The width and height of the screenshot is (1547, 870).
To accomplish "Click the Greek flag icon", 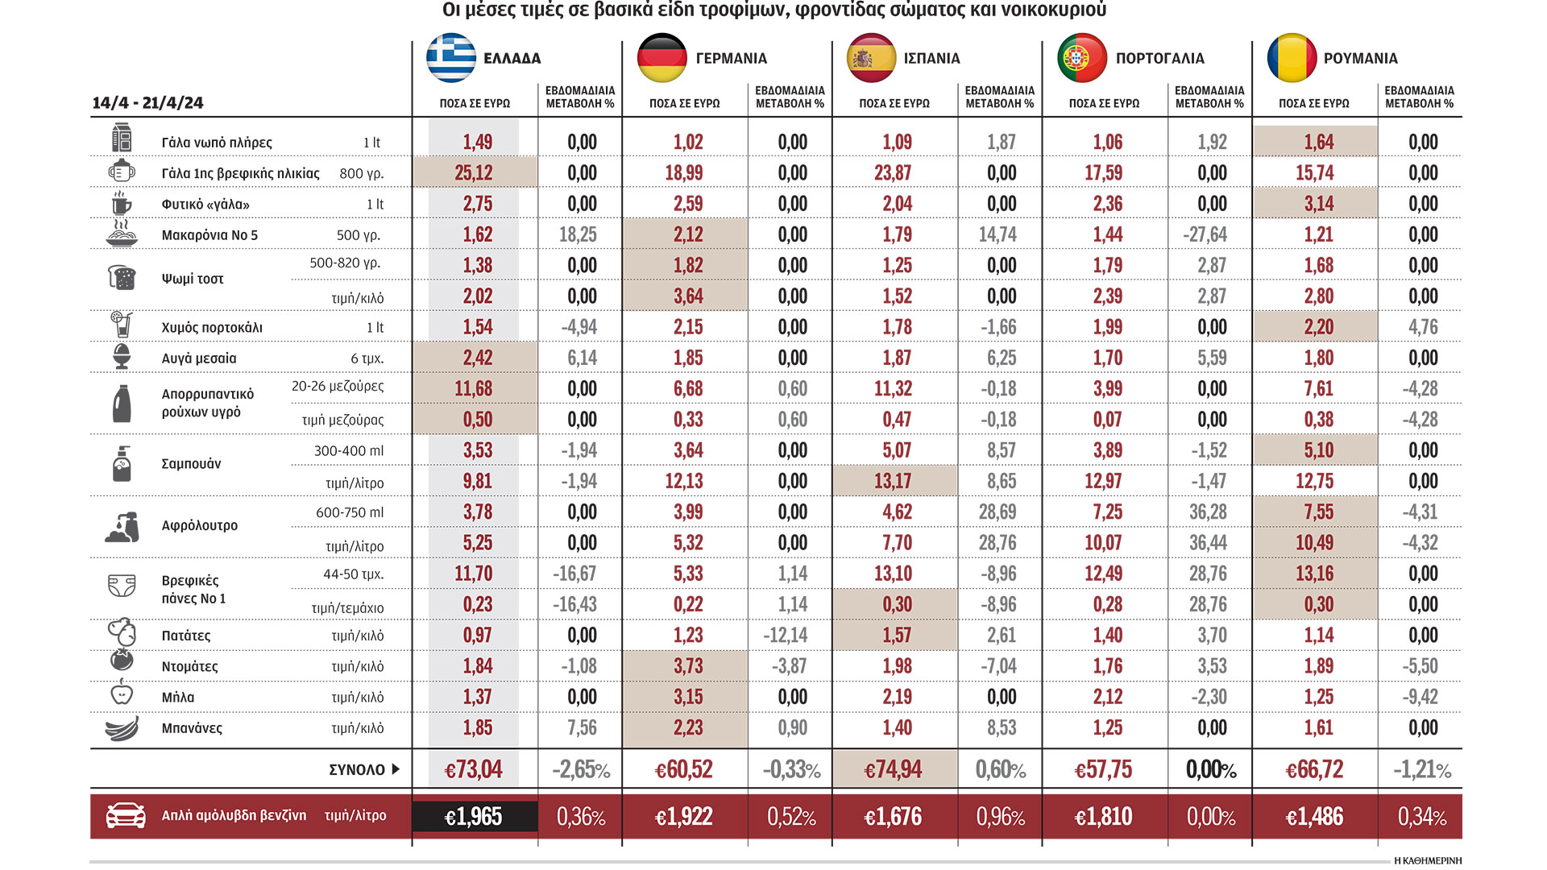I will click(451, 58).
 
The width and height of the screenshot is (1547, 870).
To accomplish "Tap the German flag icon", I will click(662, 58).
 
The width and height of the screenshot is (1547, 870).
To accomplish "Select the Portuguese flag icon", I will click(1082, 58).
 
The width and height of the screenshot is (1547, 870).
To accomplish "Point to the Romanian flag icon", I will click(1292, 58).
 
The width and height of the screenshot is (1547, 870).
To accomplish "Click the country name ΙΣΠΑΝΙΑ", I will click(931, 59).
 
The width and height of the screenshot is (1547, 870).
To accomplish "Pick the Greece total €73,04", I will click(473, 770).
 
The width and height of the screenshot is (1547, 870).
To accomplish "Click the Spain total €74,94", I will click(893, 770).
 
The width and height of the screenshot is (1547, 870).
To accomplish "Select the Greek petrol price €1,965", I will click(473, 817).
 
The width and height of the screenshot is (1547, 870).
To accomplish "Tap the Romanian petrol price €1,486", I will click(1314, 817).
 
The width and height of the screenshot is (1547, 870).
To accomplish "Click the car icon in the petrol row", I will click(126, 816).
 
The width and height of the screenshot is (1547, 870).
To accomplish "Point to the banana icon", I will click(122, 728).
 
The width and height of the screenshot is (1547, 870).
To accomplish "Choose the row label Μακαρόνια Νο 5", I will click(209, 235).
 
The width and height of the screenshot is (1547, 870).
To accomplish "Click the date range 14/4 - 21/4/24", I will click(147, 103).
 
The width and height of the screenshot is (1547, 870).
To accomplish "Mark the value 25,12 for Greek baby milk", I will click(473, 172).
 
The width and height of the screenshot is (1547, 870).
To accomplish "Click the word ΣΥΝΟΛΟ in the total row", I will click(357, 769).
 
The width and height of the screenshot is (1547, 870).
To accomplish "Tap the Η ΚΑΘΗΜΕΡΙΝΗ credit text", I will click(1427, 861).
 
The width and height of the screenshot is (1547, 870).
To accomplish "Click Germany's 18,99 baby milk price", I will click(684, 172).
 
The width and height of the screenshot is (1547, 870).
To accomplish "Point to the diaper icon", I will click(122, 586).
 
